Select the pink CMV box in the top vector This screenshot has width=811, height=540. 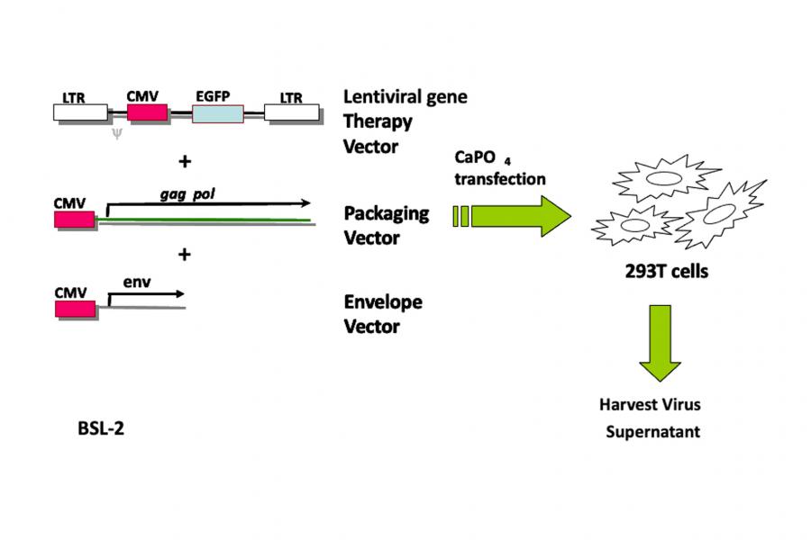(147, 112)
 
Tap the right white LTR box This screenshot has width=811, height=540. (292, 112)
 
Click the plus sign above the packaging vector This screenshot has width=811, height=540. (185, 162)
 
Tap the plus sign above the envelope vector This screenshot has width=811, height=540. (185, 255)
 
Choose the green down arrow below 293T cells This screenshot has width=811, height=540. (661, 343)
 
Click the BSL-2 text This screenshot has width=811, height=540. (101, 429)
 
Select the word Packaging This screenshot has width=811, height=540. (386, 214)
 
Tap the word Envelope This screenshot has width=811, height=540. (383, 301)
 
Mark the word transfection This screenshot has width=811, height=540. (500, 178)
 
